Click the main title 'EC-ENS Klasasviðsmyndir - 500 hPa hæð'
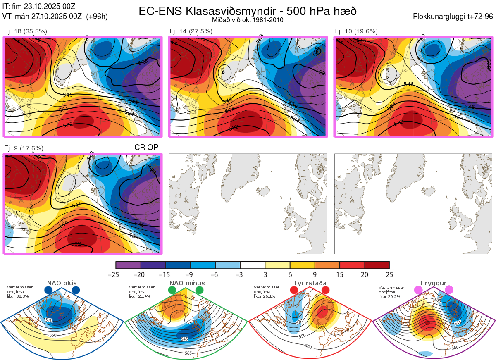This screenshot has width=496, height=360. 248,11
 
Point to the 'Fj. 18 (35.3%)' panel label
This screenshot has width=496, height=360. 26,31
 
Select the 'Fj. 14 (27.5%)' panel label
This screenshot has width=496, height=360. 191,31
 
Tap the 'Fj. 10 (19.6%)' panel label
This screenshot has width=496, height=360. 356,31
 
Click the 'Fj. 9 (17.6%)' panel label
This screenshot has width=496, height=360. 24,148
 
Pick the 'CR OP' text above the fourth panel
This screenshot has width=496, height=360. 146,147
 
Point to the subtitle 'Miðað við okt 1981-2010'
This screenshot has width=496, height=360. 247,20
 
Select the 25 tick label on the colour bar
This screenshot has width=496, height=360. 389,274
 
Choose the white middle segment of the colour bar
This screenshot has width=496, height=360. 253,265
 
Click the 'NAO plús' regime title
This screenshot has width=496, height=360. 62,283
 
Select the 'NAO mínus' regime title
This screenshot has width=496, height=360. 187,283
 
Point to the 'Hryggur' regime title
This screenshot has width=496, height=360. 434,283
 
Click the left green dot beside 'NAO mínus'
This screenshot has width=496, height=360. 172,291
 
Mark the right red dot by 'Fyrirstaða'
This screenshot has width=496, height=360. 325,291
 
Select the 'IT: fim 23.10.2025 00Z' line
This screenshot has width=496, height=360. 39,7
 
